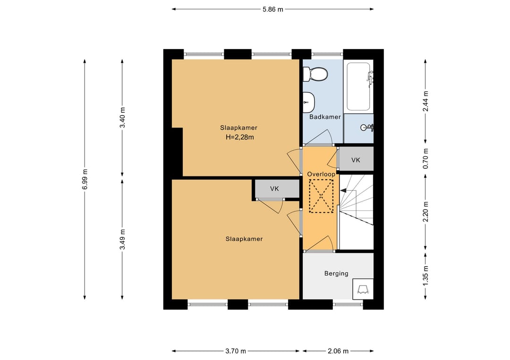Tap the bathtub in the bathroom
click(x=358, y=86)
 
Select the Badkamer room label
click(x=325, y=117)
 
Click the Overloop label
click(x=321, y=174)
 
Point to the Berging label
click(x=336, y=274)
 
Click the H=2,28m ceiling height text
click(x=240, y=137)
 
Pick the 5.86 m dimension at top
click(x=273, y=9)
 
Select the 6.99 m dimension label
click(x=85, y=179)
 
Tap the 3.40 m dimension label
click(x=122, y=117)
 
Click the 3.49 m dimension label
click(x=122, y=239)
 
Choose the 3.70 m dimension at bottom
click(x=236, y=351)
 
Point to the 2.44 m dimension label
click(x=425, y=101)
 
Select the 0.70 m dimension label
click(x=425, y=159)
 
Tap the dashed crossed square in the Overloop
click(x=321, y=196)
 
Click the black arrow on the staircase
click(x=343, y=191)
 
